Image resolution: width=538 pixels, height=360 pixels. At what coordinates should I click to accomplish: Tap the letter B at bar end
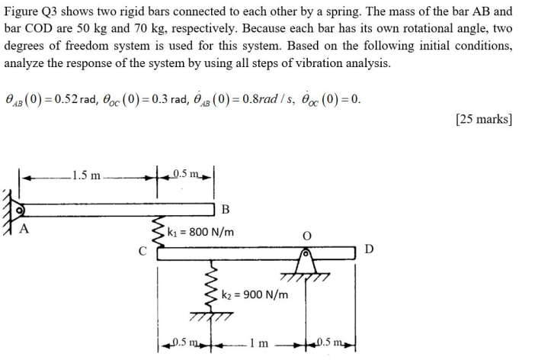(226, 211)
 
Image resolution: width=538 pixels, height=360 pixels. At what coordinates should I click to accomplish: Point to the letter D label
(370, 249)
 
